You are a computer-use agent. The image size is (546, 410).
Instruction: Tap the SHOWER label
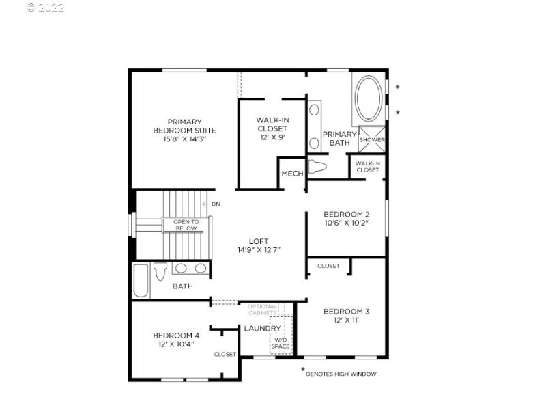point(372,140)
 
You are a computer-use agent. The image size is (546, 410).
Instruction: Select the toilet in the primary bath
point(317,166)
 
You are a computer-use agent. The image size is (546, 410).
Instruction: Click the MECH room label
point(292,174)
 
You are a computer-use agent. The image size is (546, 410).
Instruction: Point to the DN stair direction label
point(216,204)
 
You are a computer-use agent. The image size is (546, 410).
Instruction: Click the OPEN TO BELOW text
point(186,225)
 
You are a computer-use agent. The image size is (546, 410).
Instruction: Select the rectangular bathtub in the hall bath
point(141,281)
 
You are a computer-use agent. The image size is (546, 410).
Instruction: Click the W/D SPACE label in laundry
point(281,343)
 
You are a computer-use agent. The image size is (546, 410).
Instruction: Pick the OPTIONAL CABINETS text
point(262,309)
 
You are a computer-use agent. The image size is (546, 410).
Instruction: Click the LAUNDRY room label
point(263,329)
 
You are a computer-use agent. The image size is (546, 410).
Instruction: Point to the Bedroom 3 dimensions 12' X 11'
point(346,320)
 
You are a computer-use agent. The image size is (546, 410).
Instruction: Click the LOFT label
point(258,241)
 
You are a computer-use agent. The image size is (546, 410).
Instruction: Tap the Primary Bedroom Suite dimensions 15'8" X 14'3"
point(184,139)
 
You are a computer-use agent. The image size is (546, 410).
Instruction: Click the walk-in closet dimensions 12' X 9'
point(272,137)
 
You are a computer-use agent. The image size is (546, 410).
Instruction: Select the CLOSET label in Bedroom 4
point(225,354)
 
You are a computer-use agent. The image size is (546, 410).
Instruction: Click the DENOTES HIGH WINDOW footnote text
point(341,374)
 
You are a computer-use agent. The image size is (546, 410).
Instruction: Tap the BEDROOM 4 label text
point(176,335)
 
